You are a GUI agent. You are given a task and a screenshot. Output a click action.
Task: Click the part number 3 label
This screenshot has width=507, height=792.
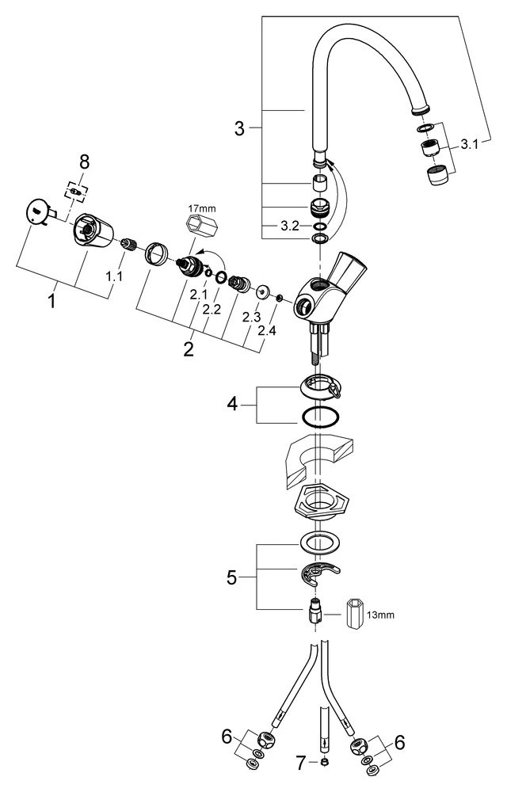[240, 127]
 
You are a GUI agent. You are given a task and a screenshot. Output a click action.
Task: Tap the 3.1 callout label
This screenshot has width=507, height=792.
[471, 144]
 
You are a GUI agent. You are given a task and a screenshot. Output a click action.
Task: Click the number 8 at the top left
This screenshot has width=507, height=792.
[84, 162]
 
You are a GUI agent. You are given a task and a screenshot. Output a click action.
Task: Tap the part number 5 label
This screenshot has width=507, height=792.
[232, 577]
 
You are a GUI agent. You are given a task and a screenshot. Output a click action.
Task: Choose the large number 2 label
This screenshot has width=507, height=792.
[189, 349]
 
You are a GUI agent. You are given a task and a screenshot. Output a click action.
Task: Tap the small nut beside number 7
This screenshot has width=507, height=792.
[325, 763]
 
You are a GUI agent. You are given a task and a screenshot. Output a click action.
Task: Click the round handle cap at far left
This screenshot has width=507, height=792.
[36, 212]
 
